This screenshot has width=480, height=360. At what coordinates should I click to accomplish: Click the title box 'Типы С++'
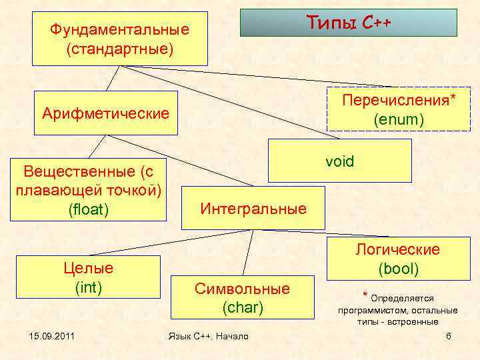pos(349,23)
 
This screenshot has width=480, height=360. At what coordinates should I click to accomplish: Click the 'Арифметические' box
pos(105,113)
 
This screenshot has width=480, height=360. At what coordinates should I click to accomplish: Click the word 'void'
pos(340,161)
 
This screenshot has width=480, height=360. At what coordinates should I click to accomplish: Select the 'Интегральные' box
pos(253,208)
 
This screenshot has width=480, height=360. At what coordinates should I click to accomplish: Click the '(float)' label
pos(89,209)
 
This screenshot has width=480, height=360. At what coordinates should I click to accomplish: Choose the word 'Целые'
pos(88,268)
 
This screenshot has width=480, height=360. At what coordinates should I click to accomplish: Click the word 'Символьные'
pos(242,289)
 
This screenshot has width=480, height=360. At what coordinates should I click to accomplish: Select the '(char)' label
pos(242,308)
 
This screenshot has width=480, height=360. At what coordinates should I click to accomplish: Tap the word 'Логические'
pos(398,249)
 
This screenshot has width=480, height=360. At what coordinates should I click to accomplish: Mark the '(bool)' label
pos(398,269)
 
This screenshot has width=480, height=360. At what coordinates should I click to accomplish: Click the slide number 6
pos(448,335)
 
